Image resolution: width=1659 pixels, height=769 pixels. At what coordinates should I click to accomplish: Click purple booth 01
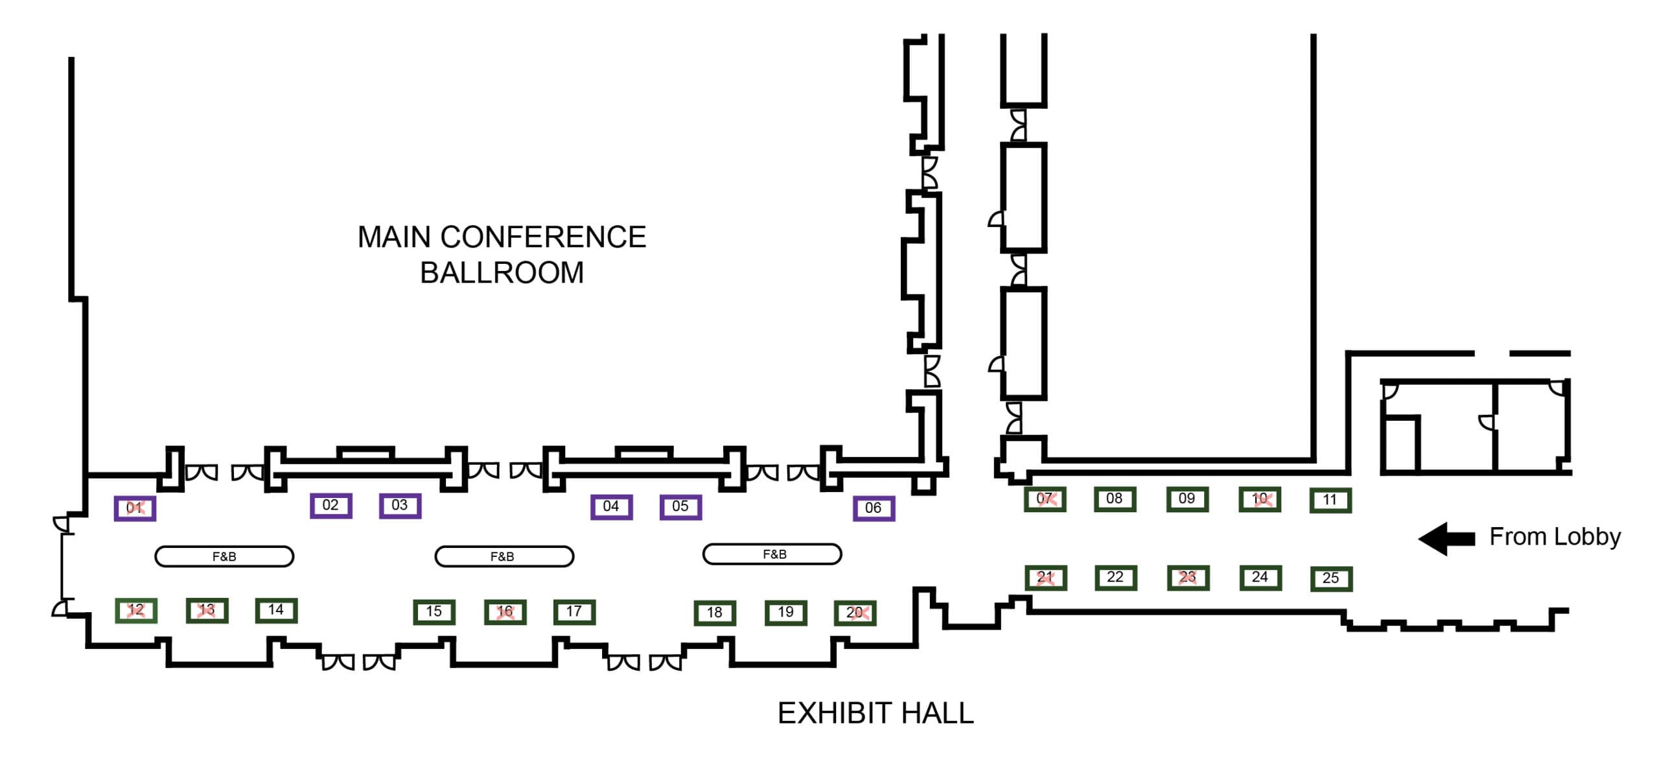coord(135,508)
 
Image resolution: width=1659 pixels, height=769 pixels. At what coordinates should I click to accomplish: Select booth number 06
coord(874,508)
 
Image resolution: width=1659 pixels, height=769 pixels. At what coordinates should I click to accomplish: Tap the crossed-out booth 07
coord(1045,499)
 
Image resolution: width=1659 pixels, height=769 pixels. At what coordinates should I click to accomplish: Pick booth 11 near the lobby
coord(1330,501)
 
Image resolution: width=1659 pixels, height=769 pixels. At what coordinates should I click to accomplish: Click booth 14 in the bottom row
coord(276,610)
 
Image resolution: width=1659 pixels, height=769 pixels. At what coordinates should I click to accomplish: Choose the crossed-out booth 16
coord(505,611)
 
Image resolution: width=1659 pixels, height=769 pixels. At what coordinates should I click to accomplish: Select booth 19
coord(785,613)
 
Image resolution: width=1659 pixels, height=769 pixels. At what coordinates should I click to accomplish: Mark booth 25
coord(1330,578)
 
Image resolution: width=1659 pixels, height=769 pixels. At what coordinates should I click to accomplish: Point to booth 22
coord(1115,577)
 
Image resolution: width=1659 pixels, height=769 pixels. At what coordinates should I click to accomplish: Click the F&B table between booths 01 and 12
coord(224,556)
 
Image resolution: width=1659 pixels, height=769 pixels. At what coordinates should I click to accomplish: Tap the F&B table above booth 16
coord(504,556)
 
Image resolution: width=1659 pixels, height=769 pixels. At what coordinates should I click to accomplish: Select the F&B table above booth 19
coord(772,554)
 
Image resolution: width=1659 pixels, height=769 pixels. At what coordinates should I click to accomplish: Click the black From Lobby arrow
coord(1446,538)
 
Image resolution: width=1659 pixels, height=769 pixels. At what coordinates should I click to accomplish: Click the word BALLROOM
coord(502,273)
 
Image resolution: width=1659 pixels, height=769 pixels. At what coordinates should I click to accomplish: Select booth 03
coord(400,506)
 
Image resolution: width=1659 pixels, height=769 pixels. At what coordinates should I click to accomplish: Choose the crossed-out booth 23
coord(1187,577)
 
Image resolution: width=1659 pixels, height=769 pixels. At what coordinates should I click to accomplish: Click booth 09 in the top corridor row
coord(1187,499)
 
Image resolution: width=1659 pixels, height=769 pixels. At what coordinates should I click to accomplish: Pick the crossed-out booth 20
coord(855,613)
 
